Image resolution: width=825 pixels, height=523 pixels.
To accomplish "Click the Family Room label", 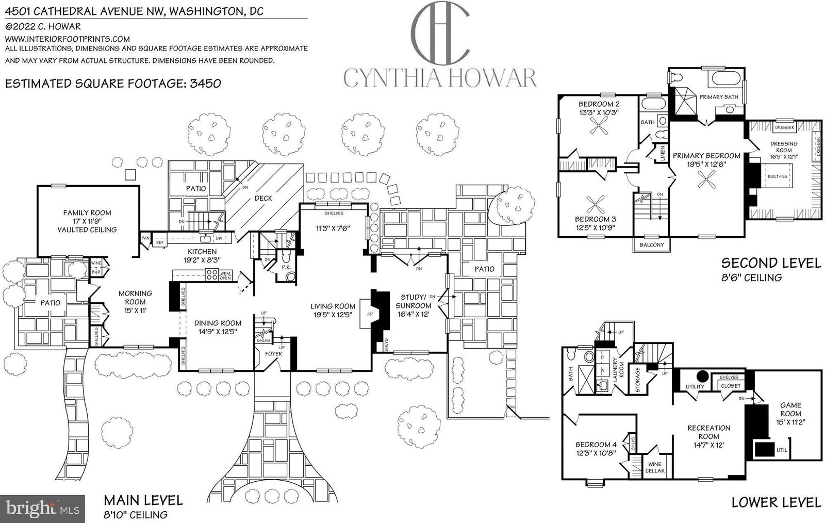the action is click(x=87, y=213).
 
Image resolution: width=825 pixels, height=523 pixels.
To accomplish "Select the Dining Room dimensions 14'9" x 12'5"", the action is click(x=218, y=332).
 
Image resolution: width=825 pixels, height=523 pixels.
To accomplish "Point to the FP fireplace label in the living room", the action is click(x=369, y=314).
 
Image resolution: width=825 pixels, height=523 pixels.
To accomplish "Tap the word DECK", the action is click(x=263, y=198).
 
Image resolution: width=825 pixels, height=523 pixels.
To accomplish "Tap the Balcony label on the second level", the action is click(x=651, y=244).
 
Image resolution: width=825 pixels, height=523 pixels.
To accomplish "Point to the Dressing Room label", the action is click(x=783, y=147).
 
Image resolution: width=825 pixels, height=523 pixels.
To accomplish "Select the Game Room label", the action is click(x=790, y=410).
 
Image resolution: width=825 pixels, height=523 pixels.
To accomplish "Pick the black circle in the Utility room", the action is click(x=702, y=376).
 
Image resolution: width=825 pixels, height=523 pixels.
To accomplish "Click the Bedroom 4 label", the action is click(x=596, y=445).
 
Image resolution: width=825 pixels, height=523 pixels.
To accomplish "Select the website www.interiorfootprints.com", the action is click(x=68, y=39).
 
